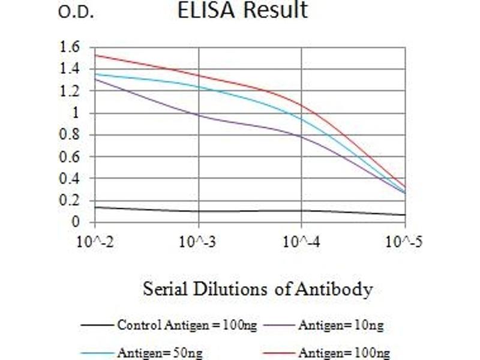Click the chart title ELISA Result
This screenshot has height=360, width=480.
pos(242,10)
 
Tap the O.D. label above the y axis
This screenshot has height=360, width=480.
pos(76,13)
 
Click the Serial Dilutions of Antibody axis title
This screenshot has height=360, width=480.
pos(257,289)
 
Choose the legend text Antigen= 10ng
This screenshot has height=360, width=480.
pos(340,325)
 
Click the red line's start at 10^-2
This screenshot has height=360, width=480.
pos(96,55)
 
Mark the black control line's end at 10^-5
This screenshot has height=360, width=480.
pos(405,215)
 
